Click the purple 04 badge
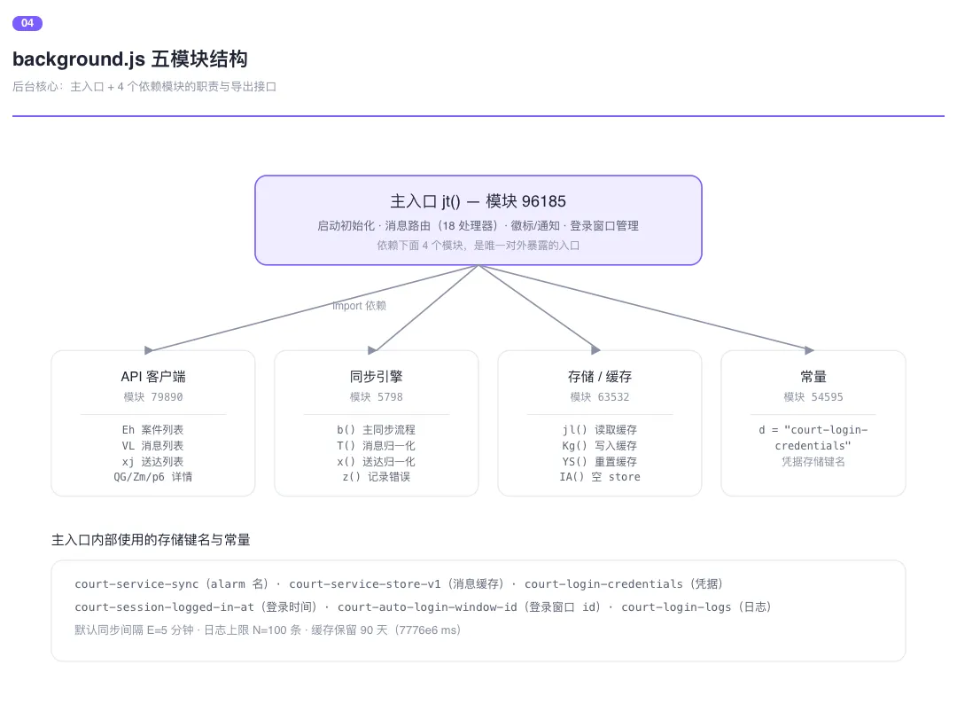pyautogui.click(x=27, y=23)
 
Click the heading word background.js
pyautogui.click(x=79, y=59)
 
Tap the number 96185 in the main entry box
pyautogui.click(x=543, y=201)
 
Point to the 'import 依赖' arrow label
pyautogui.click(x=359, y=305)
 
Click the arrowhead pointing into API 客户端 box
pyautogui.click(x=148, y=350)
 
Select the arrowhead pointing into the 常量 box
pyautogui.click(x=809, y=350)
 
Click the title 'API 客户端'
pyautogui.click(x=153, y=376)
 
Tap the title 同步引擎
pyautogui.click(x=376, y=376)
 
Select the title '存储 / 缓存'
pyautogui.click(x=599, y=376)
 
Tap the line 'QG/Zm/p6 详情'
pyautogui.click(x=152, y=477)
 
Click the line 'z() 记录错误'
pyautogui.click(x=376, y=477)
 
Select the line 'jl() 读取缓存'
pyautogui.click(x=599, y=430)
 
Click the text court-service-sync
pyautogui.click(x=136, y=583)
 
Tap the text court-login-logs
pyautogui.click(x=675, y=607)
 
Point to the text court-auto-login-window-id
pyautogui.click(x=426, y=607)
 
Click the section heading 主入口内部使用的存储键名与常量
pyautogui.click(x=151, y=540)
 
